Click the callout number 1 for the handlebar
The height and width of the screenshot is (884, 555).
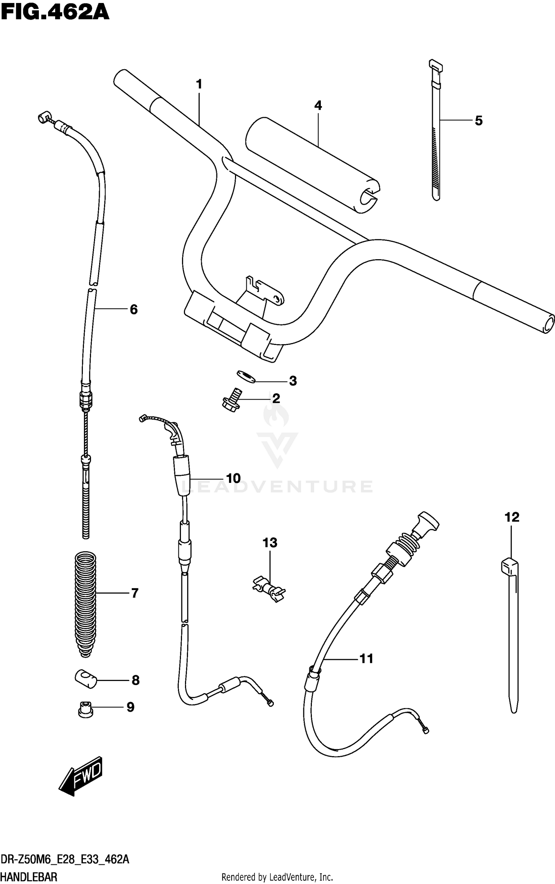(199, 85)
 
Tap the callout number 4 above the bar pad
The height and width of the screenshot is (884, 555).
(318, 106)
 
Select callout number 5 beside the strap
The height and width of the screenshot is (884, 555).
(479, 121)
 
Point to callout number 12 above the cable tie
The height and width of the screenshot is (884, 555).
(512, 517)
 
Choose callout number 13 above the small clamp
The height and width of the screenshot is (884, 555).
(270, 543)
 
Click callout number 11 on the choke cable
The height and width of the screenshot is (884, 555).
(366, 659)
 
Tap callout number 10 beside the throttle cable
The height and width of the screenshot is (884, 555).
(233, 478)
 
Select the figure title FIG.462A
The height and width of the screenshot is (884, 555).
(55, 12)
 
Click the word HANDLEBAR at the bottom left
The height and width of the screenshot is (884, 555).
(29, 877)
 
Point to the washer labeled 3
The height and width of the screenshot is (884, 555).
(246, 377)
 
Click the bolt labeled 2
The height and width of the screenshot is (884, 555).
(232, 400)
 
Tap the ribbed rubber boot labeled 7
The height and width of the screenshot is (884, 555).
(85, 604)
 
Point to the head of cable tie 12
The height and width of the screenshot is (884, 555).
(509, 565)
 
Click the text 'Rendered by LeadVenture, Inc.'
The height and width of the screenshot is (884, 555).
(277, 877)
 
